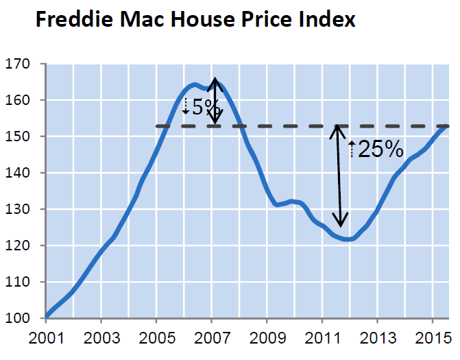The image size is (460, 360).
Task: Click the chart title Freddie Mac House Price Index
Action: [195, 20]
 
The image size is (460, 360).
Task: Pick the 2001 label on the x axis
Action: [45, 339]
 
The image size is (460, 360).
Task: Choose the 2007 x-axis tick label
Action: [210, 339]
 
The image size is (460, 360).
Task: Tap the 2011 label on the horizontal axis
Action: [322, 339]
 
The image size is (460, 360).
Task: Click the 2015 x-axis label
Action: [432, 339]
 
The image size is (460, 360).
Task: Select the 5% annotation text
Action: [205, 107]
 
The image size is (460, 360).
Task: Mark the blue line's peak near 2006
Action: [195, 85]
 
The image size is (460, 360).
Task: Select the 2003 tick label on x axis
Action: [100, 339]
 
